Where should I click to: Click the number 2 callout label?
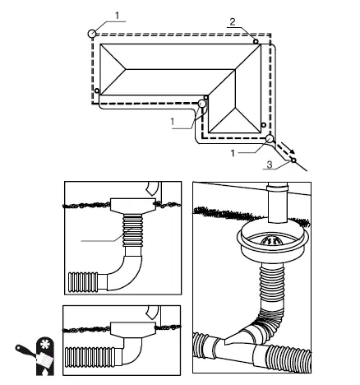(x=233, y=21)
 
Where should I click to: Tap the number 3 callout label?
(x=270, y=165)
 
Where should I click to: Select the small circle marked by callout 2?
(x=256, y=41)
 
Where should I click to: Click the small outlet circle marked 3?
(x=293, y=160)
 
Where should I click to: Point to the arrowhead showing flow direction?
(x=292, y=151)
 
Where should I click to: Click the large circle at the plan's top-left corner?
(x=92, y=34)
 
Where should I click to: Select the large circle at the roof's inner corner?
(x=202, y=104)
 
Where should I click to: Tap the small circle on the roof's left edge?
(x=97, y=90)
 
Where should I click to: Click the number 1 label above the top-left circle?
(x=118, y=16)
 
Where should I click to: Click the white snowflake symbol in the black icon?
(x=44, y=344)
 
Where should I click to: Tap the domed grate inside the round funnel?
(x=272, y=240)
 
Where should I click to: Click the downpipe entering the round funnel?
(x=278, y=203)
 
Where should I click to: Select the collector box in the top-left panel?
(x=133, y=205)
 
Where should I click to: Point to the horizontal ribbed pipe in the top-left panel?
(x=83, y=282)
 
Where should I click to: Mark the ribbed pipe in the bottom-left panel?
(x=90, y=356)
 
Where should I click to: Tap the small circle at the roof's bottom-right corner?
(x=264, y=125)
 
